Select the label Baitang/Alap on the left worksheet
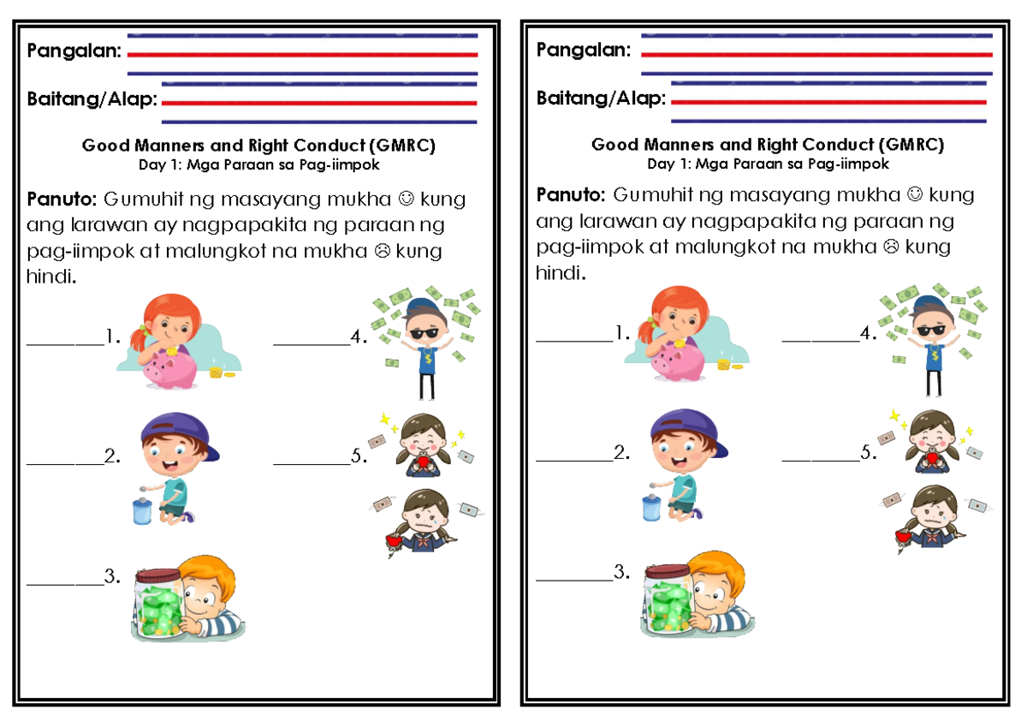[x=92, y=100]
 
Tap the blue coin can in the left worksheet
[x=142, y=509]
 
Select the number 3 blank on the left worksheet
[x=65, y=583]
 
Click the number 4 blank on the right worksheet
[x=821, y=340]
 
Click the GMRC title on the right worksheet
[x=767, y=145]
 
